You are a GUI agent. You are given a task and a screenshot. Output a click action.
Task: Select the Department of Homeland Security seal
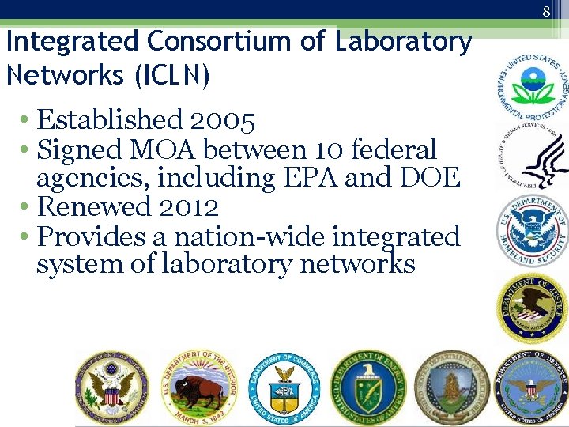pyautogui.click(x=532, y=230)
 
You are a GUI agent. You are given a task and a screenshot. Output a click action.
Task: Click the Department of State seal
pyautogui.click(x=111, y=387)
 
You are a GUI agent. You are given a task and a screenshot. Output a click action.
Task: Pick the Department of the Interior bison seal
pyautogui.click(x=198, y=387)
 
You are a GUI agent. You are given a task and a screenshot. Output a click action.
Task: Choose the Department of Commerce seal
pyautogui.click(x=283, y=388)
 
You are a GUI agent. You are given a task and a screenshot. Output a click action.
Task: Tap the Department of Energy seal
pyautogui.click(x=368, y=387)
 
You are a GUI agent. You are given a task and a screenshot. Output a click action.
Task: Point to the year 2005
pyautogui.click(x=222, y=121)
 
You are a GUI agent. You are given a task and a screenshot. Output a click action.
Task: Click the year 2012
pyautogui.click(x=188, y=207)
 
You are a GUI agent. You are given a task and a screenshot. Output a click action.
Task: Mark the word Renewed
pyautogui.click(x=94, y=207)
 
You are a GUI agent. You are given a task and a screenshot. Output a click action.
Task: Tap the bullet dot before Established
pyautogui.click(x=26, y=121)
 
